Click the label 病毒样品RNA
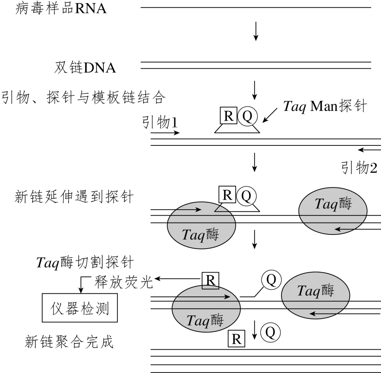61,8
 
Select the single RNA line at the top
256,7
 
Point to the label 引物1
159,123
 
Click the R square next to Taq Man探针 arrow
229,116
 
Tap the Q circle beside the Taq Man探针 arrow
248,116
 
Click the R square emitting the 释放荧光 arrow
210,281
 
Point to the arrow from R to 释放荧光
178,279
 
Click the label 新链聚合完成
69,341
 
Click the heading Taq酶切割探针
85,262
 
